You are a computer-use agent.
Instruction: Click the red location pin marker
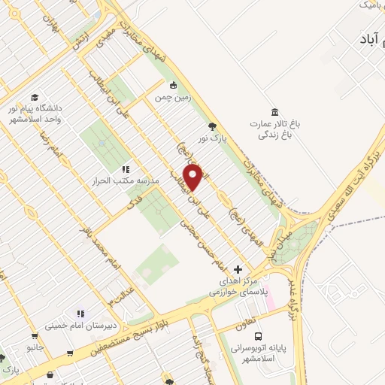(x=193, y=178)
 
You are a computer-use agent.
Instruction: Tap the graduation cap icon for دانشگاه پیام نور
(x=35, y=97)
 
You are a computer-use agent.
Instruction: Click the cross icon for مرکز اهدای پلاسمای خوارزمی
(x=238, y=268)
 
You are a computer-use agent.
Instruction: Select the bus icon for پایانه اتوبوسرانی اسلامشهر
(x=258, y=336)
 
